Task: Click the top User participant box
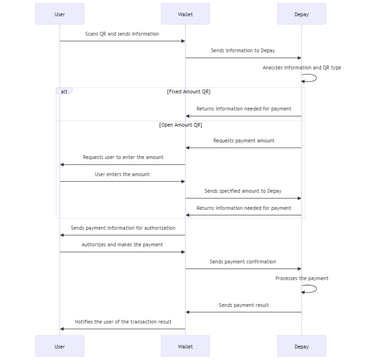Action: [x=60, y=14]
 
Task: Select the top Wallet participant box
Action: [x=185, y=14]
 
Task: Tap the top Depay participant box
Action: [x=301, y=14]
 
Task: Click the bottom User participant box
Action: [x=60, y=346]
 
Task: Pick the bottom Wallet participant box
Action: [x=185, y=346]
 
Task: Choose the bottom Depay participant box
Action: [x=301, y=346]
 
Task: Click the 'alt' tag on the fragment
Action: [x=64, y=92]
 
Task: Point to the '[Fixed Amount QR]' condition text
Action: [x=189, y=92]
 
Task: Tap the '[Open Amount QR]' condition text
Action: [x=180, y=125]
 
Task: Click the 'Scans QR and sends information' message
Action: [x=122, y=34]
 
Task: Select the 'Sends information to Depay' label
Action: [x=243, y=50]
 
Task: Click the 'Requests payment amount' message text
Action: [x=244, y=140]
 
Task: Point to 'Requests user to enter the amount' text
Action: [x=123, y=157]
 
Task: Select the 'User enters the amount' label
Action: [x=122, y=174]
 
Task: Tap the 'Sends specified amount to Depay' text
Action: [x=243, y=191]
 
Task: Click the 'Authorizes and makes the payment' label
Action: [x=122, y=244]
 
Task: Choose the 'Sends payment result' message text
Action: [x=244, y=305]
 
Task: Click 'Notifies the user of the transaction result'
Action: [x=123, y=322]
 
